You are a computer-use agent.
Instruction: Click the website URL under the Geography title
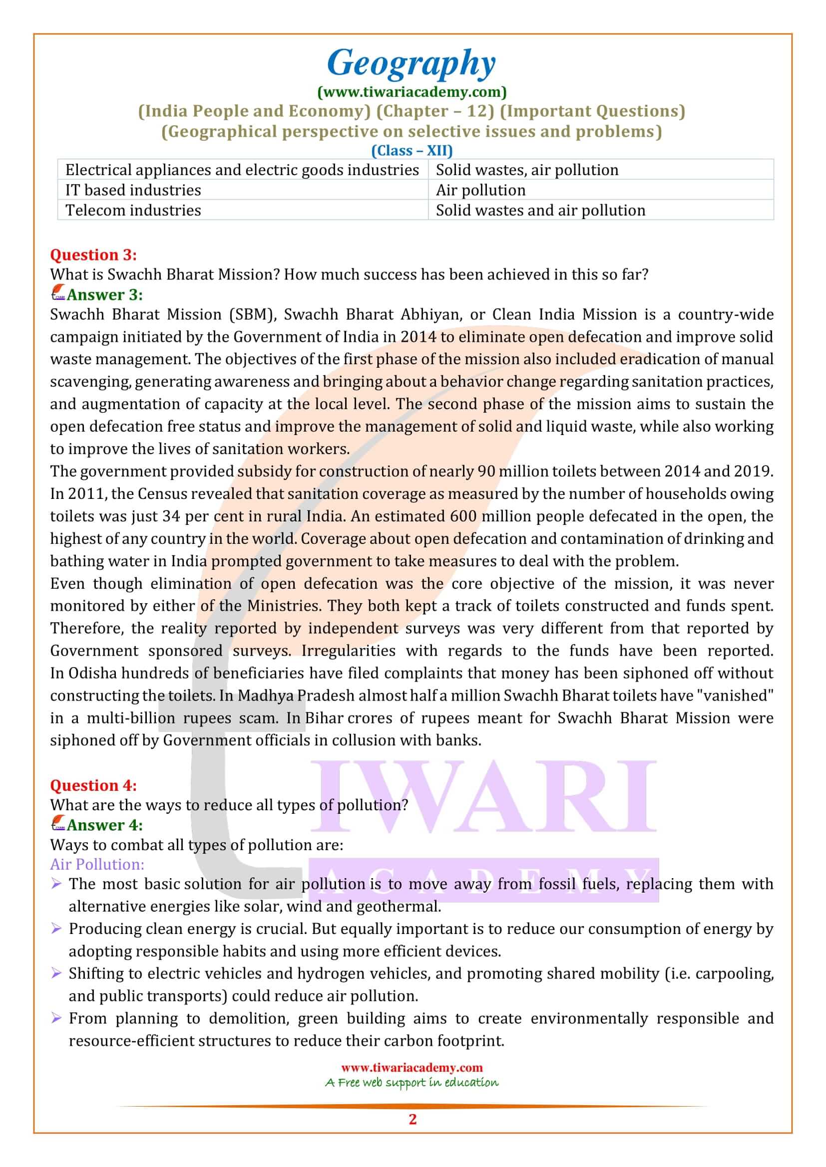[412, 92]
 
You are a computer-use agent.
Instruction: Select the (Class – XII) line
[412, 151]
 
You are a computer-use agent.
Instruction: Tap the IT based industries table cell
[133, 190]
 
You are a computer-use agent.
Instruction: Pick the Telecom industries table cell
[133, 211]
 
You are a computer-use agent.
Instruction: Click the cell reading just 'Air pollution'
[480, 190]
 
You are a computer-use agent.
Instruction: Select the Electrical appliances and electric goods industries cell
[242, 170]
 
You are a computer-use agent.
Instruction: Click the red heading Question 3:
[93, 254]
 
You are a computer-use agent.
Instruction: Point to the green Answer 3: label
[104, 295]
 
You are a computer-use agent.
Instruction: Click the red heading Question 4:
[93, 785]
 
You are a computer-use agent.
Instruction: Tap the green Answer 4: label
[104, 825]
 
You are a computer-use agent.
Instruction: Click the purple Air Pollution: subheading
[97, 865]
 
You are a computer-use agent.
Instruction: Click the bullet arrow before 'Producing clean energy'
[56, 929]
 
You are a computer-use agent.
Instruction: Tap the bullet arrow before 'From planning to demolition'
[56, 1019]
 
